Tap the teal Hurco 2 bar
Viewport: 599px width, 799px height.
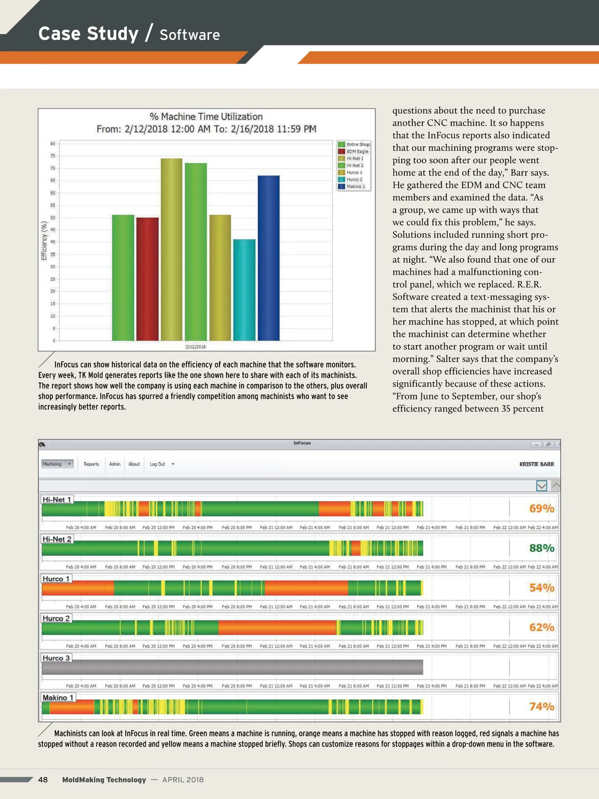coord(244,290)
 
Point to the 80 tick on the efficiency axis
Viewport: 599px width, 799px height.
coord(53,144)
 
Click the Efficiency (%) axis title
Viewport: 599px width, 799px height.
coord(44,241)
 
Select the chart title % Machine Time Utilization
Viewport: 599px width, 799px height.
coord(206,117)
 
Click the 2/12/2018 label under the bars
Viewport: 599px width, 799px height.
coord(196,347)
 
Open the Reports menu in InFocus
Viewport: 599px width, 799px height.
coord(91,464)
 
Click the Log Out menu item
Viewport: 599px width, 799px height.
coord(158,464)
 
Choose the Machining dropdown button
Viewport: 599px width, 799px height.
coord(57,464)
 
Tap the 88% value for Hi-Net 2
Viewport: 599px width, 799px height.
coord(542,548)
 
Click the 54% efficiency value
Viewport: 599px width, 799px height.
coord(542,588)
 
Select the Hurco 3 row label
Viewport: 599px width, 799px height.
coord(56,658)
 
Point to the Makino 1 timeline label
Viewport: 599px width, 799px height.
coord(58,698)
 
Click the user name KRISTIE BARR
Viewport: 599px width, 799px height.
coord(537,464)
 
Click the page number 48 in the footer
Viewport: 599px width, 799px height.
coord(43,780)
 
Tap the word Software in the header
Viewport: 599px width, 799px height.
coord(190,35)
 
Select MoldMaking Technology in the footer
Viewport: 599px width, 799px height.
coord(104,780)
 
